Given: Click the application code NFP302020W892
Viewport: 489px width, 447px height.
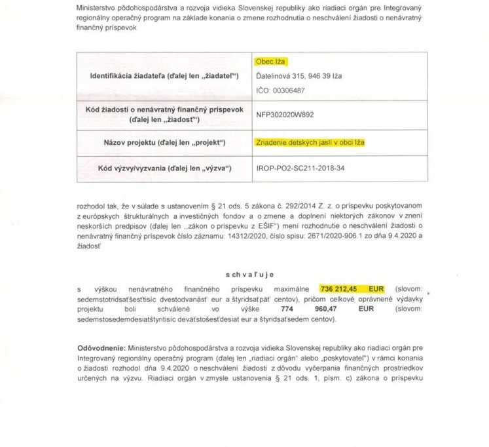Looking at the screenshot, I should (285, 114).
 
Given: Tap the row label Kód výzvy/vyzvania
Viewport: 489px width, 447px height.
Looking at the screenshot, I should (164, 168).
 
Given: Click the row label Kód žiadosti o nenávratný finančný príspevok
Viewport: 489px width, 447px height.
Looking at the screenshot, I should (164, 109).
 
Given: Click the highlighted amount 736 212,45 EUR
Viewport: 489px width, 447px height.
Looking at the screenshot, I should (352, 288).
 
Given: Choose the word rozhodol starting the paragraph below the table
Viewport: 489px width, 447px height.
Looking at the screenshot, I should (92, 204).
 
